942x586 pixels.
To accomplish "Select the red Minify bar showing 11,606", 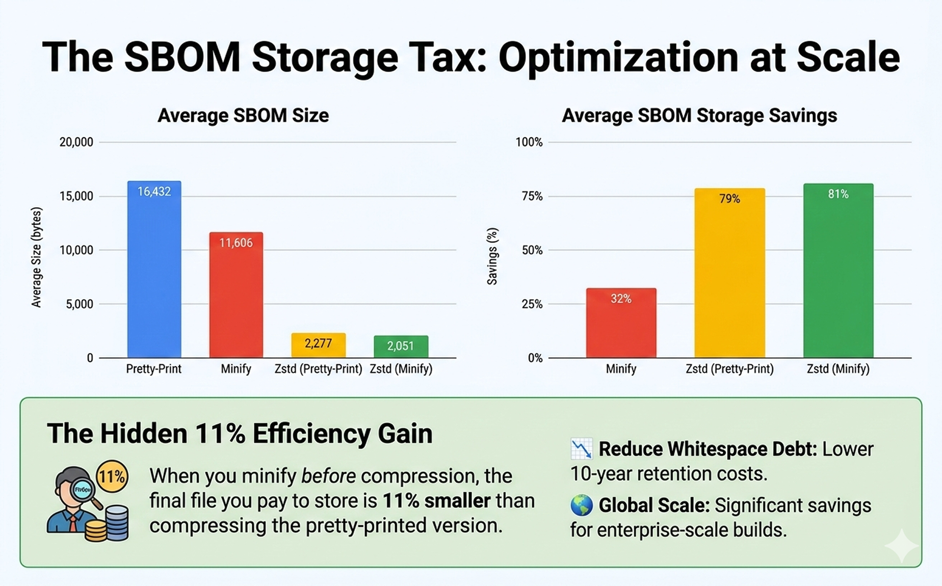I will point(236,294).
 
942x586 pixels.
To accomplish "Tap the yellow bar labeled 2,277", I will point(318,345).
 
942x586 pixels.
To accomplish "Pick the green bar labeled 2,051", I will point(401,346).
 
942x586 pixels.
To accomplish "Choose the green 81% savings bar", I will point(838,270).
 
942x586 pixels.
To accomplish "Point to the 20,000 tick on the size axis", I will point(76,142).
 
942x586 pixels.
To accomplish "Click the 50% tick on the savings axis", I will point(532,250).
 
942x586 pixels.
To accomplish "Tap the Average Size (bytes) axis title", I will point(36,257).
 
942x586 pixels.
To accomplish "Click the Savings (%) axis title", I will point(492,256).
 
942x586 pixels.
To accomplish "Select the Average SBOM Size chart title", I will point(243,116).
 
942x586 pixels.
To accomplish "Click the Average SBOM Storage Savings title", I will point(699,116).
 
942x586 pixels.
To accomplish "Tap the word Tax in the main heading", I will point(446,57).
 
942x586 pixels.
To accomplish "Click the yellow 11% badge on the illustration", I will point(112,476).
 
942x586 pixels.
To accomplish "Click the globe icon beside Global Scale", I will point(581,506).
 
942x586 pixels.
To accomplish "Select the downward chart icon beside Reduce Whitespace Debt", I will point(581,449).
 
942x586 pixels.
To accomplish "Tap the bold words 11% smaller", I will point(436,501).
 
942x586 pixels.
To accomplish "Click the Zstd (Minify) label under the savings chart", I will point(838,369).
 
